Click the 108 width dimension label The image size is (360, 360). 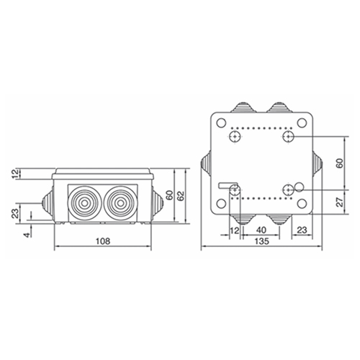pos(103,241)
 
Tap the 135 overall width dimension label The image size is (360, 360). pos(261,241)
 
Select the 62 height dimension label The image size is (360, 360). pos(181,196)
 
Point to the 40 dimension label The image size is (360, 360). pos(261,230)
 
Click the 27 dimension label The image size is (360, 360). pos(340,202)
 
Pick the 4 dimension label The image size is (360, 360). pos(28,235)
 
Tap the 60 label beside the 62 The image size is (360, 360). pos(170,196)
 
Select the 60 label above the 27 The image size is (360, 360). pos(340,163)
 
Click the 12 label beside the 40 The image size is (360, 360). pos(235,230)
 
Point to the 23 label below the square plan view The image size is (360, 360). pos(302,230)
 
